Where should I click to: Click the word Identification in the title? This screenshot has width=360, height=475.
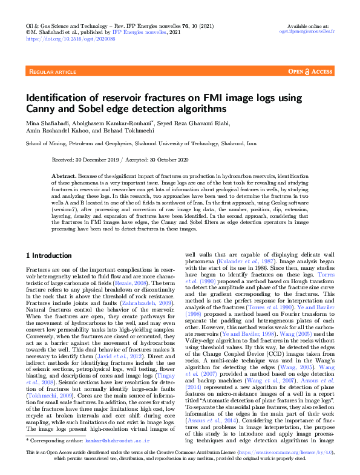coord(63,98)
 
